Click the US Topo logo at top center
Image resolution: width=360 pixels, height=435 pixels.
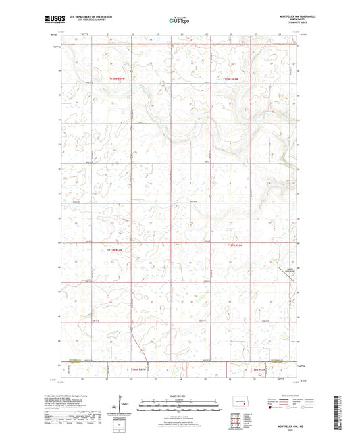pyautogui.click(x=179, y=21)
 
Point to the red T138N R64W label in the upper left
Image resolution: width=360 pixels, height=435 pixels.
pyautogui.click(x=118, y=80)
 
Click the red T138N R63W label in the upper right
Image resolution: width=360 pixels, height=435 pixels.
pyautogui.click(x=231, y=80)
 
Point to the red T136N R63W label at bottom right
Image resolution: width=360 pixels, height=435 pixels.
pyautogui.click(x=259, y=370)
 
